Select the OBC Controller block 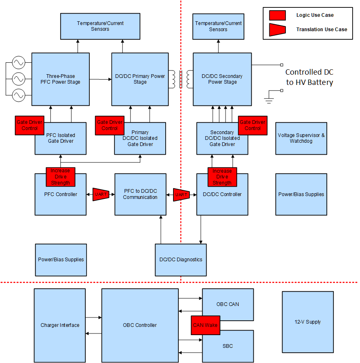140,325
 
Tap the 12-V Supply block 308,322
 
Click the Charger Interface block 60,325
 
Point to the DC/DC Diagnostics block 180,260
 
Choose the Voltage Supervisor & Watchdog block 301,138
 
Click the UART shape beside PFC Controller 100,194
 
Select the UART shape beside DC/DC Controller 181,194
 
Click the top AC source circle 18,63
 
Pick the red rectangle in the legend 277,15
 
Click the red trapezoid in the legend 277,29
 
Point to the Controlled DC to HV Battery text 310,77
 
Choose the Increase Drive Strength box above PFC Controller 60,176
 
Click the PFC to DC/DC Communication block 140,194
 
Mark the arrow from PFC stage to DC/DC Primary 100,79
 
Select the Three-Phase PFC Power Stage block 60,79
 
